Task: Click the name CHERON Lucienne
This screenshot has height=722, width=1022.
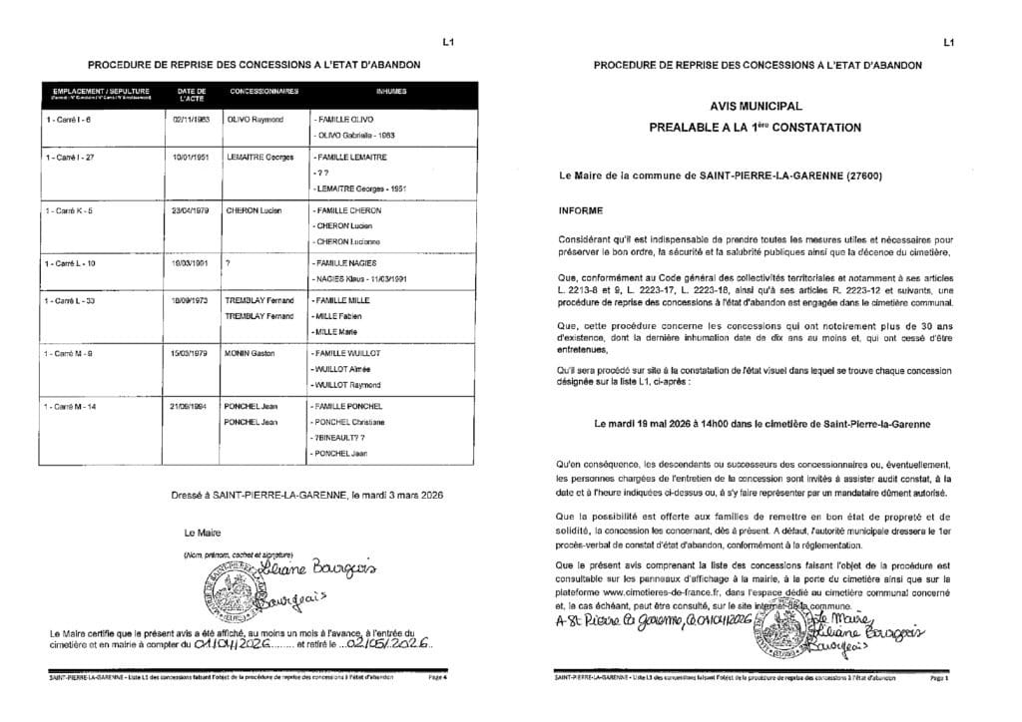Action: pyautogui.click(x=349, y=242)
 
